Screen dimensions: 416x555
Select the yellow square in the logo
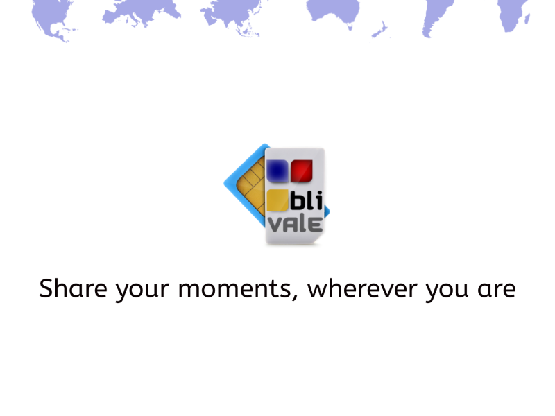[277, 200]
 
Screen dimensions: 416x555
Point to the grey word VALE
[296, 224]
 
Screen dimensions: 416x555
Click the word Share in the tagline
[73, 288]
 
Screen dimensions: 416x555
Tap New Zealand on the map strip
[379, 29]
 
